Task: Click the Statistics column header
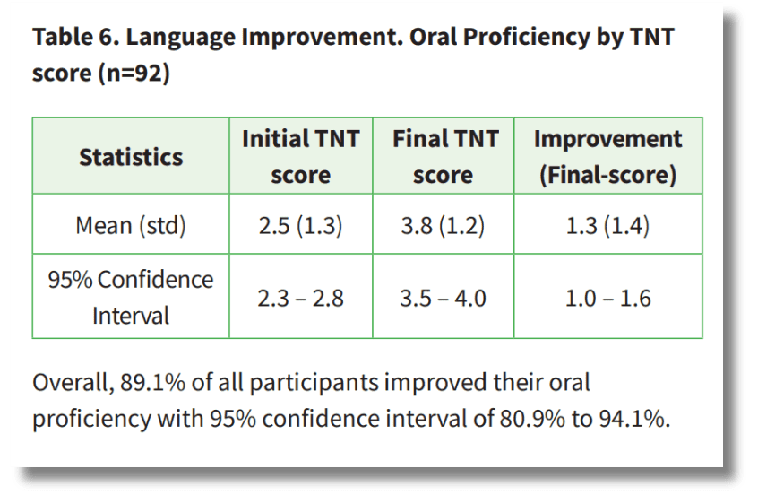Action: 131,157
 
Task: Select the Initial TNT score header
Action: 301,157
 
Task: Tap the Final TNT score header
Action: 444,157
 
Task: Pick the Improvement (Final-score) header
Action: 608,157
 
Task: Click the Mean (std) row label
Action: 131,225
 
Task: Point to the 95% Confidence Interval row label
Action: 131,297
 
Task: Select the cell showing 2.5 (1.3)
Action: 300,225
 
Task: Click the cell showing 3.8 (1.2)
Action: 443,225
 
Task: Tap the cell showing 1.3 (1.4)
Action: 607,225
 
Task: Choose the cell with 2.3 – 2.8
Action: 300,298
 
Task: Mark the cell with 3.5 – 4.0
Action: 443,298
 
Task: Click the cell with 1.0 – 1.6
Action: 608,298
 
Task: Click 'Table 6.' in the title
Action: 76,37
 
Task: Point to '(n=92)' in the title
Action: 134,74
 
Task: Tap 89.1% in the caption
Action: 152,382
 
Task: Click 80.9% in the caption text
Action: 532,419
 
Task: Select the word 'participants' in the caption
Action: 314,383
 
